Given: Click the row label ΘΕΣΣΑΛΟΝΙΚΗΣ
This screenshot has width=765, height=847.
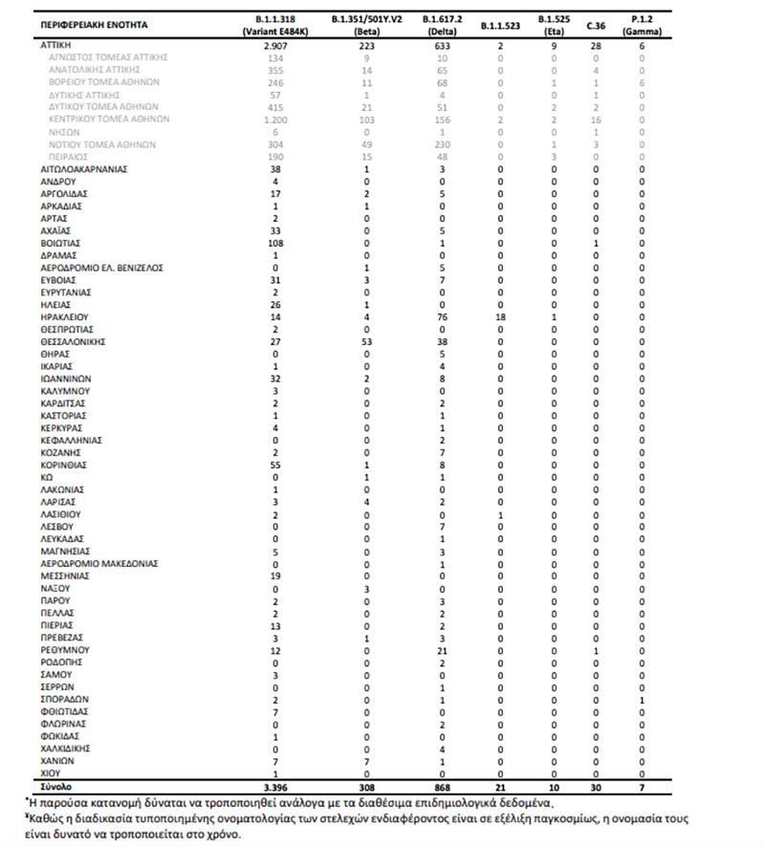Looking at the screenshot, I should click(x=73, y=341).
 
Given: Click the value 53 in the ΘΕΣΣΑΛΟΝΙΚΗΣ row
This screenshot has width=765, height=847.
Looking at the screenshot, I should click(x=355, y=341).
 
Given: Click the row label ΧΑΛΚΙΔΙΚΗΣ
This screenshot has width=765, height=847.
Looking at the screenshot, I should click(x=66, y=749).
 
